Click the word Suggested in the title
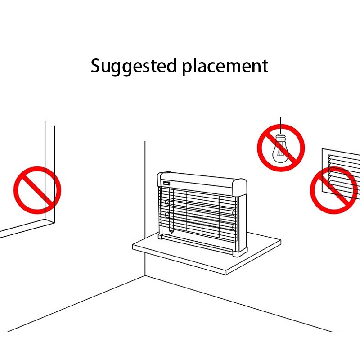point(134,66)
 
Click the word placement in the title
point(225,66)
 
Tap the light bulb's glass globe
point(280,153)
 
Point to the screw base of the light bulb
point(280,139)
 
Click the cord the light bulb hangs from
point(280,126)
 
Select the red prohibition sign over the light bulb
point(281,148)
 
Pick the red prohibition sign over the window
point(37,190)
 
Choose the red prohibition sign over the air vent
point(334,190)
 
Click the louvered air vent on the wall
point(341,174)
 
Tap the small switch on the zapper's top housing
point(166,184)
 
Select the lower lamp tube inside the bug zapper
point(200,221)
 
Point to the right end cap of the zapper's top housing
point(240,188)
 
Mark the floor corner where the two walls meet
point(145,276)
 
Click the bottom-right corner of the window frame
point(54,222)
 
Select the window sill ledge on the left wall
point(27,228)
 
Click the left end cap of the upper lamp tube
point(167,202)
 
